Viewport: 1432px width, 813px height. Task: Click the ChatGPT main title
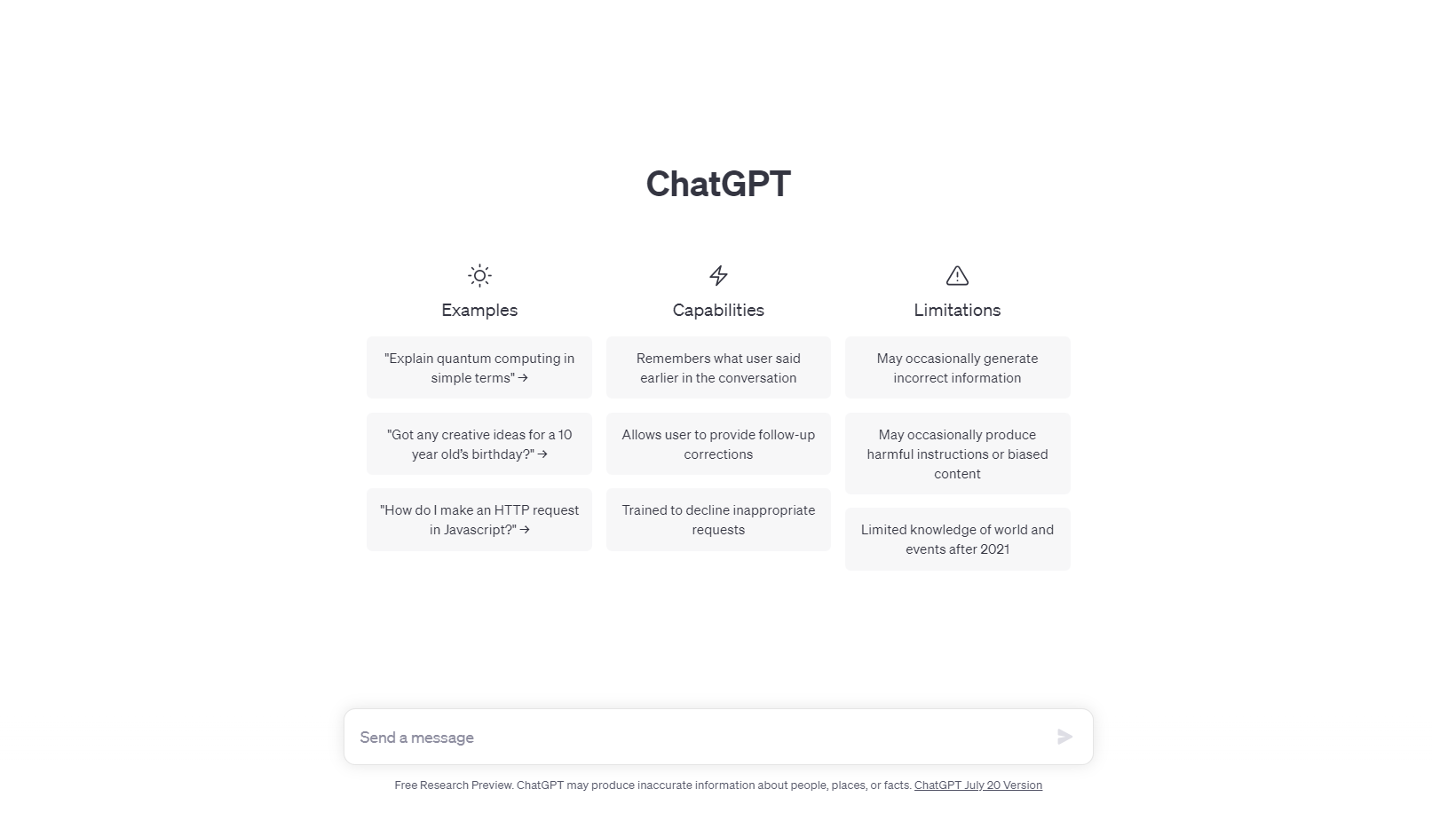click(x=718, y=185)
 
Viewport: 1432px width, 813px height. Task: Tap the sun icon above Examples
click(x=479, y=276)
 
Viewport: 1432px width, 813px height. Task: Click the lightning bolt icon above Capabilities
click(x=718, y=276)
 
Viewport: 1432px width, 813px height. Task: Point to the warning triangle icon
click(x=957, y=276)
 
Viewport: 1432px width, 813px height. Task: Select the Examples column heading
click(x=479, y=311)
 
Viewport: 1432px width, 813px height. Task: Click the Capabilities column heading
click(x=718, y=311)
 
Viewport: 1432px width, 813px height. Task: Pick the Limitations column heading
click(x=957, y=311)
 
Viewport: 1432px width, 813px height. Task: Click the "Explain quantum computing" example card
click(x=479, y=367)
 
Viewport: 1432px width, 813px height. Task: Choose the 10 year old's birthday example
click(x=479, y=444)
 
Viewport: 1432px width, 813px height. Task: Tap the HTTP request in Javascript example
click(x=479, y=519)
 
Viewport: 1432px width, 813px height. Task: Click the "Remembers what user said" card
click(x=718, y=367)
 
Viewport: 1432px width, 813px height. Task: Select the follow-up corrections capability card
click(x=718, y=444)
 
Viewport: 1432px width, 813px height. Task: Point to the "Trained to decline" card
click(x=718, y=519)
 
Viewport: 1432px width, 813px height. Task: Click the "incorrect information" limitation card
click(x=957, y=367)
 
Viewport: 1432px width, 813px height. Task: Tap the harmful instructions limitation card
click(x=957, y=454)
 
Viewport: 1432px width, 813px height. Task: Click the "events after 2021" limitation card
click(x=957, y=539)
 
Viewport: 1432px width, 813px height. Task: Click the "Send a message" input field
click(x=692, y=738)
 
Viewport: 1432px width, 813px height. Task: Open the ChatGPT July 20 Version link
click(x=977, y=785)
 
